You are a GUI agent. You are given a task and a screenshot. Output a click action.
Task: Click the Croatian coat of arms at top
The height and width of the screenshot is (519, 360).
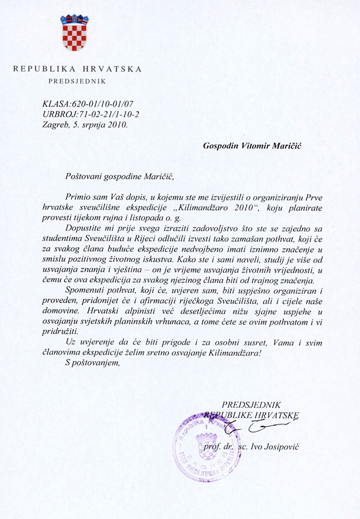74,33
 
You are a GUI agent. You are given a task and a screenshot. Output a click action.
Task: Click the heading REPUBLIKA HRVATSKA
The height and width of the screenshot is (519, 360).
77,69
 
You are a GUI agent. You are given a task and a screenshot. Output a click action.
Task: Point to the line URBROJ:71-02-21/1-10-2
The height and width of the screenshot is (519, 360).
91,114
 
